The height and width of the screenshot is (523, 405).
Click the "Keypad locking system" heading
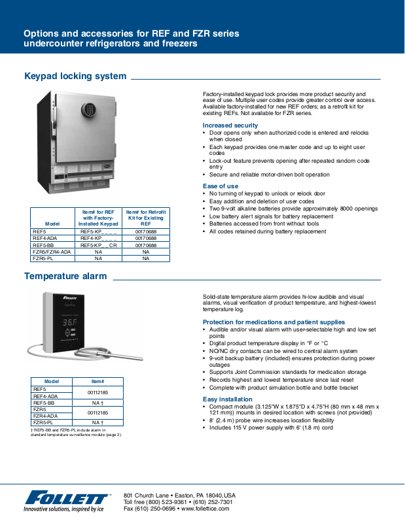75,76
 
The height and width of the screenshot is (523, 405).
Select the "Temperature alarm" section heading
65,276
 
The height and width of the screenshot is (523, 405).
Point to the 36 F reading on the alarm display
69,323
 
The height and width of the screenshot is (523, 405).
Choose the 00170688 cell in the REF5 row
146,231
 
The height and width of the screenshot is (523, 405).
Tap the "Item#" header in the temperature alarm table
97,381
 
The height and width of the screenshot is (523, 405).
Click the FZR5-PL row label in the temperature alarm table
44,422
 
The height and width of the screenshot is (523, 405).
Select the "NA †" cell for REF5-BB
97,403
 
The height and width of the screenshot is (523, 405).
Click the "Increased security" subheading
230,125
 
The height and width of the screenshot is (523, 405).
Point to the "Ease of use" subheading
220,186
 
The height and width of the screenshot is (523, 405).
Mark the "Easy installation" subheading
228,399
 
